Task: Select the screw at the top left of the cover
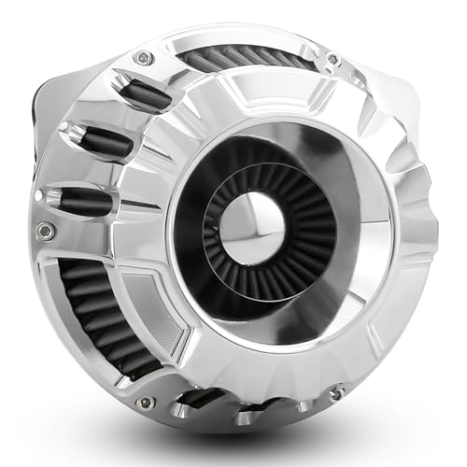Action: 143,58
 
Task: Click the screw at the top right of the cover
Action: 333,59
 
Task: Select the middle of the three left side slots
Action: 105,142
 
